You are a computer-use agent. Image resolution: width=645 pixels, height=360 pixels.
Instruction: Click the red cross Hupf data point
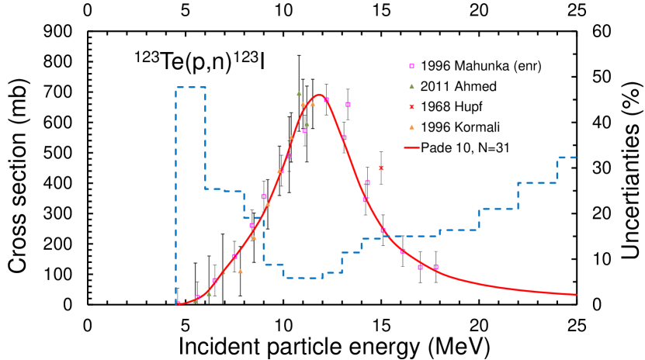pos(381,168)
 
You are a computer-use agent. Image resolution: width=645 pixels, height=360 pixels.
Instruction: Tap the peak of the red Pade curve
pos(319,95)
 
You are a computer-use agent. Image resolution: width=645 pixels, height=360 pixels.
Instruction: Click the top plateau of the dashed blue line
pos(191,87)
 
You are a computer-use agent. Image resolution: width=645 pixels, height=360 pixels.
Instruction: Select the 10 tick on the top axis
pos(283,12)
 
